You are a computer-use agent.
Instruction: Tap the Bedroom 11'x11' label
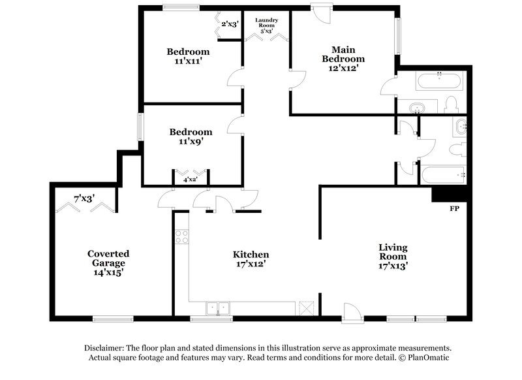coord(188,56)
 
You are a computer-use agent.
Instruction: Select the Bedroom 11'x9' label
coord(188,136)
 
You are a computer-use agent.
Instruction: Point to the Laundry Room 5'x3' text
coord(267,25)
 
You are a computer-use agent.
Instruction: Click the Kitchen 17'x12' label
coord(251,259)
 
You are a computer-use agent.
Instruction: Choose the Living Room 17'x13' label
coord(393,256)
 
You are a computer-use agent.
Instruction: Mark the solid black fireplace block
coord(450,195)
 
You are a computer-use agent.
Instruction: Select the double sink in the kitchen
coord(218,308)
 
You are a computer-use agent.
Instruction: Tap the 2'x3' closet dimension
coord(230,24)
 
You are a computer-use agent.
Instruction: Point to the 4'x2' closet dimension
coord(191,179)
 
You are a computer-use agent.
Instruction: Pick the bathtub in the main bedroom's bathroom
coord(438,82)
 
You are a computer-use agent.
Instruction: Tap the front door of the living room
coord(351,312)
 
